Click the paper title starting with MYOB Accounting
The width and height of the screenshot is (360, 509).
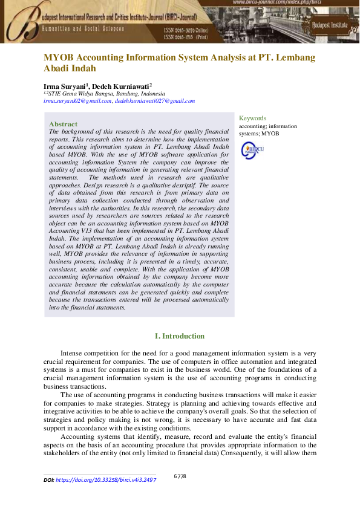pos(179,57)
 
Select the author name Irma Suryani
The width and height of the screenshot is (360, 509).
pos(65,86)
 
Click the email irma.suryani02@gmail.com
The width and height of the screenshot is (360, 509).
pos(77,101)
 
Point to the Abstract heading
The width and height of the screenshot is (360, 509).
pos(63,124)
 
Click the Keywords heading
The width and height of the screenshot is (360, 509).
pos(252,118)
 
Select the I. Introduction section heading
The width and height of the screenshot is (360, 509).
pos(180,336)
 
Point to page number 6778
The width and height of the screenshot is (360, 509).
pos(180,476)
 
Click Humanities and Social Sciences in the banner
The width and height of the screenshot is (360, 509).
pos(83,28)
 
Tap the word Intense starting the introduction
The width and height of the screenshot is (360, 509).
pos(74,352)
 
